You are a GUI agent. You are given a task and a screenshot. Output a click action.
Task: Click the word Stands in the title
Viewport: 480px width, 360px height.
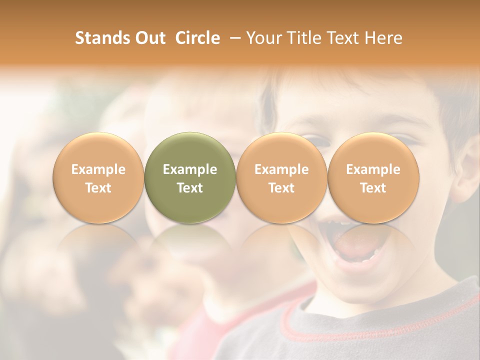click(99, 38)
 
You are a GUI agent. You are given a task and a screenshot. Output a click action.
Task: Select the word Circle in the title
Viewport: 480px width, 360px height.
click(197, 38)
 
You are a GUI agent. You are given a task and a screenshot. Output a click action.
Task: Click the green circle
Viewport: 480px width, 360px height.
click(190, 177)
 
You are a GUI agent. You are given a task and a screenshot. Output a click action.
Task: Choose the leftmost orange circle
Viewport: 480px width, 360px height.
click(98, 177)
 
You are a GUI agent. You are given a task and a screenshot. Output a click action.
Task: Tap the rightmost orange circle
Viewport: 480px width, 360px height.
click(373, 177)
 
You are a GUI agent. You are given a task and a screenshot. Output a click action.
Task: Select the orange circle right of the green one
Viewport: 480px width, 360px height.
click(281, 177)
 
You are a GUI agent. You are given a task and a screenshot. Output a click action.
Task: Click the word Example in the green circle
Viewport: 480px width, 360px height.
click(190, 169)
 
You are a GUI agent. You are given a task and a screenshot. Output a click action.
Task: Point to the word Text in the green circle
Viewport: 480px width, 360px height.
click(190, 188)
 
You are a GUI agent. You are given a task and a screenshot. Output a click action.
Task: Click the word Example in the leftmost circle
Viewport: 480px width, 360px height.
click(98, 169)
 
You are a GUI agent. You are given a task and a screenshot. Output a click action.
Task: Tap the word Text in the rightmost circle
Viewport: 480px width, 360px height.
click(373, 188)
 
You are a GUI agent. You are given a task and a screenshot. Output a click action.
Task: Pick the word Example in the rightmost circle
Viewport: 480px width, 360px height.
click(373, 169)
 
